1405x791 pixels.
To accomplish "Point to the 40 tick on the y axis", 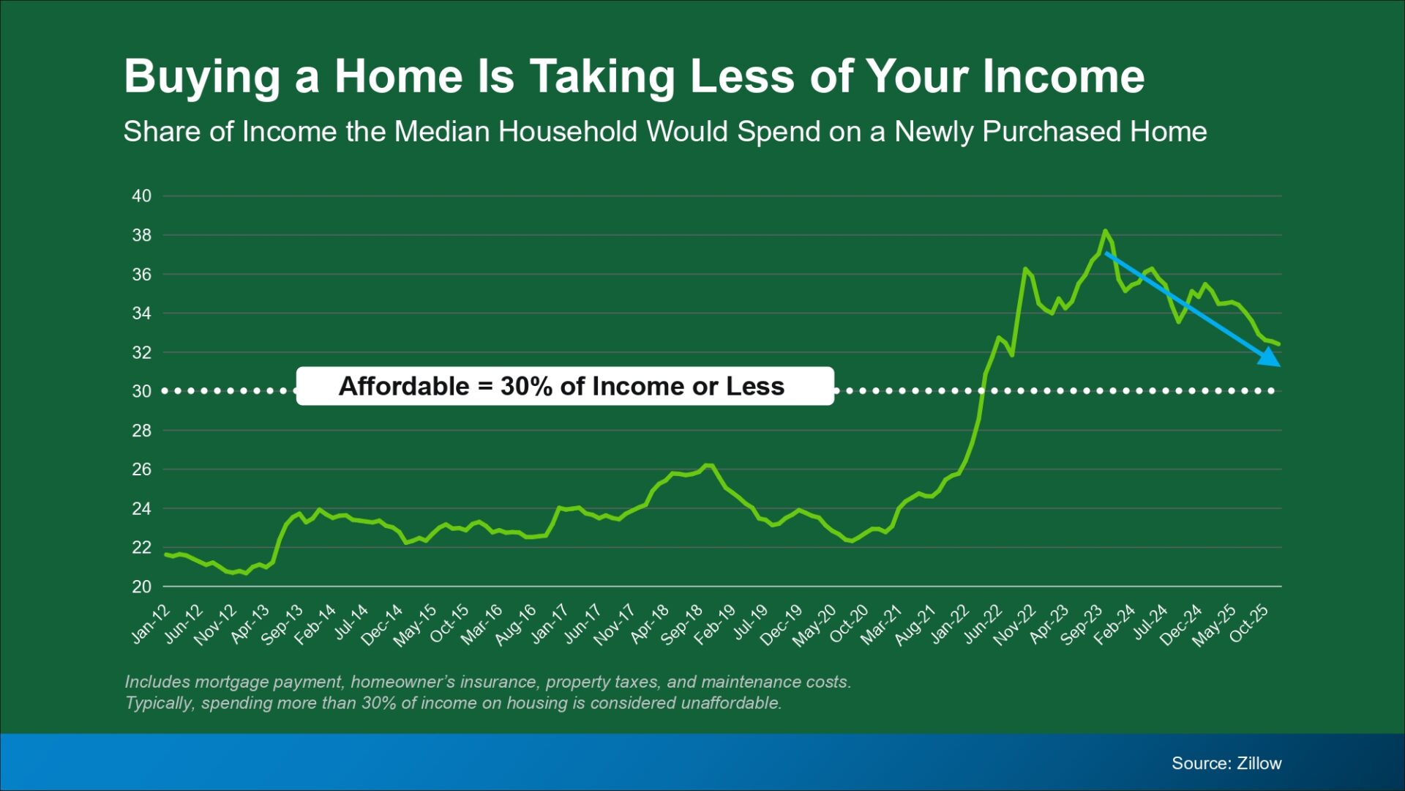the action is (x=142, y=196).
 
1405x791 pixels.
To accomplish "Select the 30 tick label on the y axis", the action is (x=142, y=391).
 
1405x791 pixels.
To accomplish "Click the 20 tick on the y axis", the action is (x=142, y=587).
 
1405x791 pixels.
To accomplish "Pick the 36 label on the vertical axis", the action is (x=142, y=274).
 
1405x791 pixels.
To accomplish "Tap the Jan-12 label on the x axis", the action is (x=151, y=624).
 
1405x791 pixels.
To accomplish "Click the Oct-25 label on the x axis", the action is (x=1248, y=624).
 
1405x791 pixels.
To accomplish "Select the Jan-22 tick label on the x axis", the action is (x=950, y=624).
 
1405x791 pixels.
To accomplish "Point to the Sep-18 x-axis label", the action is (x=681, y=625).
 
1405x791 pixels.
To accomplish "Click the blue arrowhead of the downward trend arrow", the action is (x=1270, y=357).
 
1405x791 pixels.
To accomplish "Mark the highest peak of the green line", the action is (x=1105, y=231).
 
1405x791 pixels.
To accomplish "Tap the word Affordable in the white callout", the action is (x=404, y=386).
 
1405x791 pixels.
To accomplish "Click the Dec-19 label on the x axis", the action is (x=781, y=625).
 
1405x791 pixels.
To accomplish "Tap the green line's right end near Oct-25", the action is (x=1278, y=343).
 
